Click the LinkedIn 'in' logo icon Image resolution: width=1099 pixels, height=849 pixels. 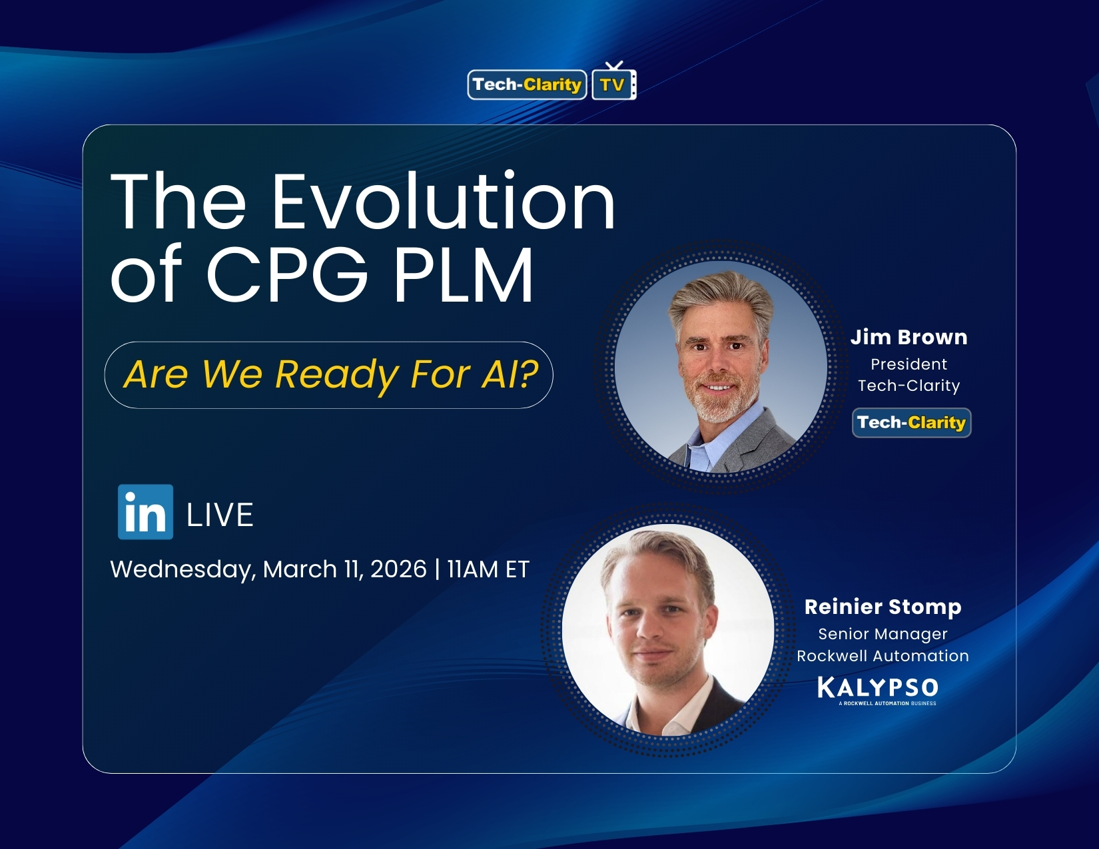[145, 511]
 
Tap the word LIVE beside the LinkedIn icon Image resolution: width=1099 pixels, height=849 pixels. [220, 515]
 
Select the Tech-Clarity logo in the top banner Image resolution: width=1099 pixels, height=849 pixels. [527, 85]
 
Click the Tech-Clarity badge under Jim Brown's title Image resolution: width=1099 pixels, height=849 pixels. [911, 423]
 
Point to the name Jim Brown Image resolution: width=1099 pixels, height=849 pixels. [909, 337]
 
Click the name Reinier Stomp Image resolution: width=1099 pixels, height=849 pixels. [883, 607]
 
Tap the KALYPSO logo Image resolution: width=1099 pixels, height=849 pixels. [878, 688]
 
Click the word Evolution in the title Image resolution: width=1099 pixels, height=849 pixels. [443, 202]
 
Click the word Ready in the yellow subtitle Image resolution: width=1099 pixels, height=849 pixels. [338, 374]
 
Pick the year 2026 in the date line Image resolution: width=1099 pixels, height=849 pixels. [398, 569]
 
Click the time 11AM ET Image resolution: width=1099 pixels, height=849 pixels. [488, 569]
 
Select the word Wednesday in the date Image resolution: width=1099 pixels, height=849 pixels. [182, 570]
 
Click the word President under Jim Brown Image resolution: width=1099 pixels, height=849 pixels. [909, 364]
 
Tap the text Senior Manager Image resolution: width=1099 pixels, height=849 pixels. [883, 634]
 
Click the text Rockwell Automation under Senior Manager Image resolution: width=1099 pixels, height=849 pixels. [883, 656]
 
